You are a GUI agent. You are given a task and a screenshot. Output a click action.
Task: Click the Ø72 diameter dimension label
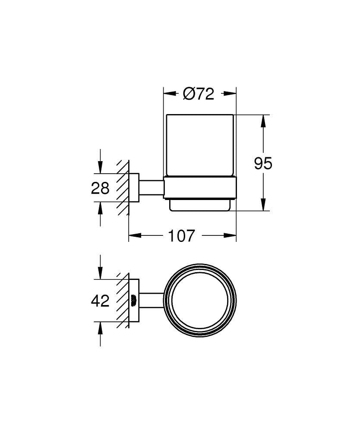click(x=199, y=94)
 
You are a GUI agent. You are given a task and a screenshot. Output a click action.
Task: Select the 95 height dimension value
click(x=263, y=163)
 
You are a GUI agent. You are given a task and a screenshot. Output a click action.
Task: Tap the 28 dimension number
click(x=100, y=188)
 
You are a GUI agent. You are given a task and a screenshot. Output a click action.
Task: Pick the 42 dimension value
click(x=100, y=301)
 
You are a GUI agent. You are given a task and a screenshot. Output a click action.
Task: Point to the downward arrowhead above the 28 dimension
click(x=100, y=168)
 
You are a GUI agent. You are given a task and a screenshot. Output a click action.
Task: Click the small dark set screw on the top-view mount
click(x=133, y=299)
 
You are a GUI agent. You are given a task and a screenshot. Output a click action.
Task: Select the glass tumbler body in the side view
click(x=199, y=145)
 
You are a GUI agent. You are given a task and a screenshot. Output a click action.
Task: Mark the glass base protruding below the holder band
click(x=199, y=205)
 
